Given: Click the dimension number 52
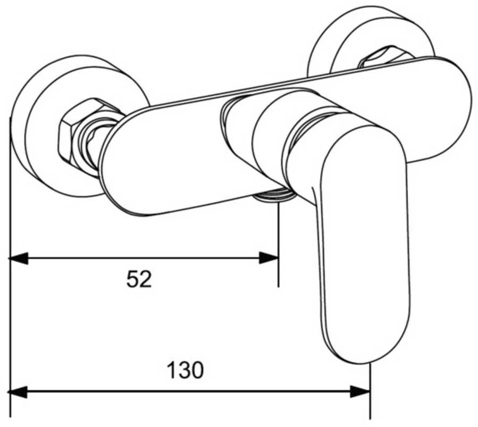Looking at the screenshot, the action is (x=139, y=279).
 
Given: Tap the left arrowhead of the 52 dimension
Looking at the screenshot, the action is (x=18, y=258).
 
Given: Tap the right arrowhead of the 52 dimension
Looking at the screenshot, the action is (x=269, y=258).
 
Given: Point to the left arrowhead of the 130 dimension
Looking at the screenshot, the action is (x=18, y=392).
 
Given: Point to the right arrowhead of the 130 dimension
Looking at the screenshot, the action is (x=360, y=392).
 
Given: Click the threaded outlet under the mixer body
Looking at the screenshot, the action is (x=272, y=196).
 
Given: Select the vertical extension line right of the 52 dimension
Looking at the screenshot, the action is (x=278, y=244).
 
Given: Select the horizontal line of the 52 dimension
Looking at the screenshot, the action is (x=144, y=258).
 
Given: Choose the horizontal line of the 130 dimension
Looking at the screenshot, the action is (x=189, y=392).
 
